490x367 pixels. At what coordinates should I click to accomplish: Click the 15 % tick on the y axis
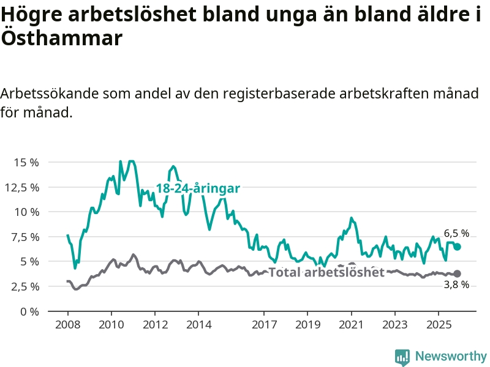click(26, 163)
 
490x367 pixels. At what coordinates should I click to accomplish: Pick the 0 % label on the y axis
click(29, 311)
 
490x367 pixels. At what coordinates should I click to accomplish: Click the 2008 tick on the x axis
click(68, 324)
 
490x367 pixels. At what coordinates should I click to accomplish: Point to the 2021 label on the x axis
click(351, 324)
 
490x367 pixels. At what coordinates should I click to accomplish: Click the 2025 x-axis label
click(438, 324)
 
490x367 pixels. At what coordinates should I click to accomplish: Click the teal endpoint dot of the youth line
click(457, 247)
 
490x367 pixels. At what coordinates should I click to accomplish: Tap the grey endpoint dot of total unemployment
click(457, 274)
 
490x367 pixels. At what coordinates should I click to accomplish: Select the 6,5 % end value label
click(456, 233)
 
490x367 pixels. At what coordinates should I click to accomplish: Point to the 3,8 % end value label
click(456, 284)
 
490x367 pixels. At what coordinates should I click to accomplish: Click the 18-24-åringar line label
click(198, 188)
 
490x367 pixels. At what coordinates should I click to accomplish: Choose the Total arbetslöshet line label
click(326, 272)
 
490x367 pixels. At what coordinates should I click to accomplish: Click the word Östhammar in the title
click(62, 38)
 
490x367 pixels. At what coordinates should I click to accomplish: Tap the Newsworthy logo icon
click(402, 357)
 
